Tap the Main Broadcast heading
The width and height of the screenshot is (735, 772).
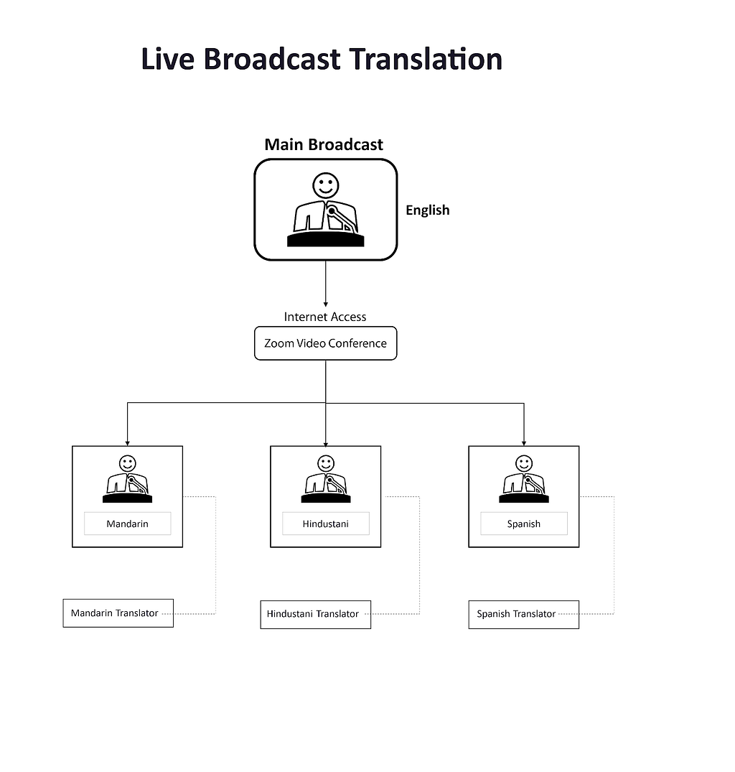[x=324, y=144]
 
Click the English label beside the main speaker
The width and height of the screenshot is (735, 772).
[x=427, y=210]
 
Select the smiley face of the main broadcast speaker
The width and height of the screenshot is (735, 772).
[x=325, y=185]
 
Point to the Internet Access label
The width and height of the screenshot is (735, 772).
[x=325, y=317]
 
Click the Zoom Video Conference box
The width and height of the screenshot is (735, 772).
[x=325, y=343]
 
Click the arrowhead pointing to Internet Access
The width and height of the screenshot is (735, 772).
[x=326, y=304]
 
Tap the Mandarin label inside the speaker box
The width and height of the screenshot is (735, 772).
[x=127, y=524]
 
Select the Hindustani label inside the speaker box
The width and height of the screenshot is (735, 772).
[x=325, y=524]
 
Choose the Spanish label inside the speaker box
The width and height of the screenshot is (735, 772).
[x=523, y=524]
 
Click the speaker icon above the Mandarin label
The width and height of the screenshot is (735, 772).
[x=127, y=479]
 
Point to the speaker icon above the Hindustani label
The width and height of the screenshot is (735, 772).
[x=325, y=479]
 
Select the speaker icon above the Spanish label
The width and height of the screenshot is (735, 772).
[x=523, y=479]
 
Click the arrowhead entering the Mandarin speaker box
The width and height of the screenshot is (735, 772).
[x=128, y=443]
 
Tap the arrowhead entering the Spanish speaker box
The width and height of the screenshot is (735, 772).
[x=524, y=443]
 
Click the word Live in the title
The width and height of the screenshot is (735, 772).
[x=167, y=59]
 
